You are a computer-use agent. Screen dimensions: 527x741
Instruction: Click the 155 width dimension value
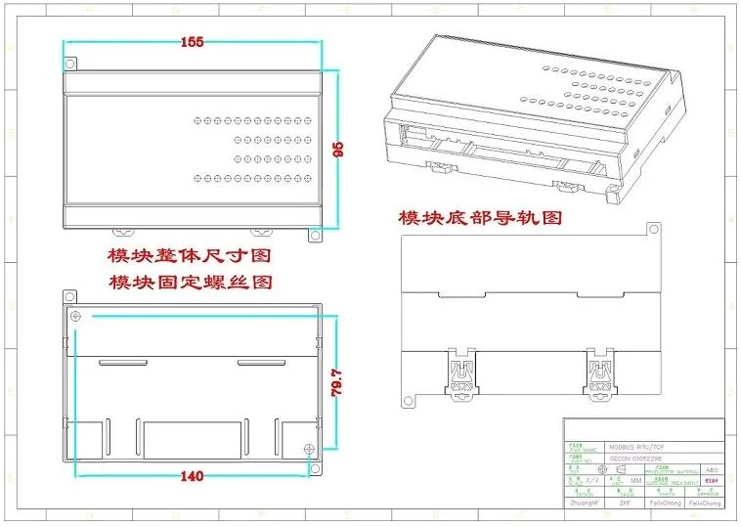point(193,42)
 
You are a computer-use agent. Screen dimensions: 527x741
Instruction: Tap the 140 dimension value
point(191,476)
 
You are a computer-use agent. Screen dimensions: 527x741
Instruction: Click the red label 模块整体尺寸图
point(189,256)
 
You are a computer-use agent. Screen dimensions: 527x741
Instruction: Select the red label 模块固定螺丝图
point(190,283)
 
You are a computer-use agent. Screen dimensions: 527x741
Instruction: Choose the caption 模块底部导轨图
point(479,217)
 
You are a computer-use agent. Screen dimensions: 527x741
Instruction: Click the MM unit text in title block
point(635,481)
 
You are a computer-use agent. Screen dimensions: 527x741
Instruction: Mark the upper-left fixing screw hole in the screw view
point(77,317)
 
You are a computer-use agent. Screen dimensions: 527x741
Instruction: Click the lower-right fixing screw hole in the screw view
point(309,450)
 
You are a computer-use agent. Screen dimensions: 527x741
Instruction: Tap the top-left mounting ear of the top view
point(70,64)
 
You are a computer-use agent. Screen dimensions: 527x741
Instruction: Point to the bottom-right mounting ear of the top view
point(315,235)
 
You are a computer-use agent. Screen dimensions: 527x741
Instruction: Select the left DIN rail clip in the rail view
point(461,376)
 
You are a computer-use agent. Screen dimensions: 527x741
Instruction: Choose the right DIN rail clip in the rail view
point(599,376)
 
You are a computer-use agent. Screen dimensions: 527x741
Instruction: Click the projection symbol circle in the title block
point(602,469)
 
